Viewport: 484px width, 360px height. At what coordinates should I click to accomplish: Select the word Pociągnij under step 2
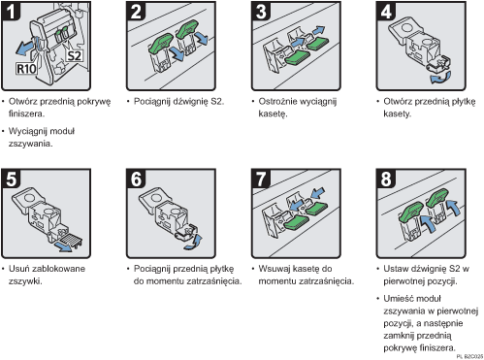click(x=155, y=101)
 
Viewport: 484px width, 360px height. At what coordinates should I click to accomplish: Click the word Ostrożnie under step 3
click(x=278, y=101)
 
